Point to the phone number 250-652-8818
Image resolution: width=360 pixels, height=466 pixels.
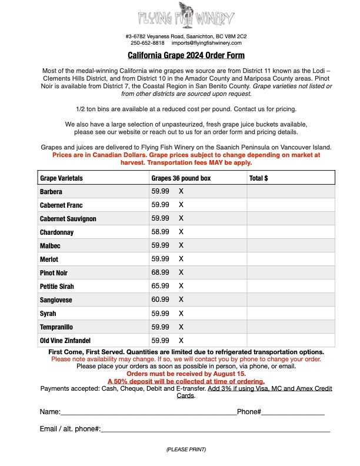pos(148,43)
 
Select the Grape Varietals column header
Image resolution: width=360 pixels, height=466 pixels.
pos(61,178)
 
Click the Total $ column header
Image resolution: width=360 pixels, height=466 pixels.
pos(259,178)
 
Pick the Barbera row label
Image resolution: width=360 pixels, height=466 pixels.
pos(51,192)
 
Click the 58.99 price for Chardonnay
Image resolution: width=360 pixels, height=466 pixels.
pos(160,232)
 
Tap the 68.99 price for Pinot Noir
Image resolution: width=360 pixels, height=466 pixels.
pos(160,272)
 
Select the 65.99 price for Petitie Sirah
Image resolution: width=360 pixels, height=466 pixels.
pos(160,286)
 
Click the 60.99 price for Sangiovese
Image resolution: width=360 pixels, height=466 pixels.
pos(160,299)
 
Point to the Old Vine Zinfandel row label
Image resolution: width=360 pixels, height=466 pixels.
pos(65,341)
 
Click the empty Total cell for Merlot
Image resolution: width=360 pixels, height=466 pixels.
pos(291,259)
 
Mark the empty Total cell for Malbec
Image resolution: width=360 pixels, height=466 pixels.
pos(291,245)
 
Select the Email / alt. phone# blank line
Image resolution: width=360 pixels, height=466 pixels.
pos(215,430)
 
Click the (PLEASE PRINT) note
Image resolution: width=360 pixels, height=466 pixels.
pos(186,450)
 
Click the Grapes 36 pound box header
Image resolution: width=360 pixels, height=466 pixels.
pos(181,178)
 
